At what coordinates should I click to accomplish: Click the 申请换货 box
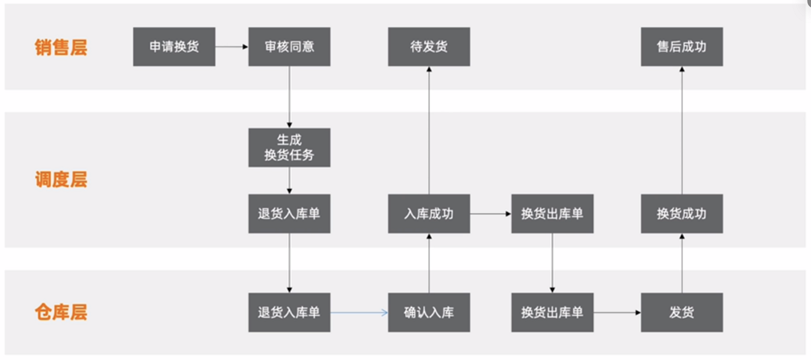tap(174, 47)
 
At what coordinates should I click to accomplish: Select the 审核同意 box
tap(289, 47)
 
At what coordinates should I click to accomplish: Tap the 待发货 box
tap(429, 47)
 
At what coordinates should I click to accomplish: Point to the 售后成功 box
tap(681, 47)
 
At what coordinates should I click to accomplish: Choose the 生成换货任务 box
tap(289, 147)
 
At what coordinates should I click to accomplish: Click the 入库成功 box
tap(429, 214)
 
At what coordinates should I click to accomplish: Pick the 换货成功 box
tap(681, 214)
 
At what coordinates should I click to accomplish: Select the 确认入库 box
tap(429, 313)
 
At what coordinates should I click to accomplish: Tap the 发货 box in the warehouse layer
tap(681, 313)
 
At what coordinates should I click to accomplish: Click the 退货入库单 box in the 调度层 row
tap(289, 214)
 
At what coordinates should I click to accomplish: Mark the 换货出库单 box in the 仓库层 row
tap(552, 313)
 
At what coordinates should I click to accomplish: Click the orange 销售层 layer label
tap(61, 47)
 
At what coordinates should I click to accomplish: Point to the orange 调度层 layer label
tap(61, 180)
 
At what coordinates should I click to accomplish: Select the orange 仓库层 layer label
tap(61, 313)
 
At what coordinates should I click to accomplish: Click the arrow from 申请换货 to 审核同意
tap(231, 47)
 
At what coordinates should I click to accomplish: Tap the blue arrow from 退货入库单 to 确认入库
tap(359, 313)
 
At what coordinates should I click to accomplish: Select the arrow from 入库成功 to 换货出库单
tap(490, 214)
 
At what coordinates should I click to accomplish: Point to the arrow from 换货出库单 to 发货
tap(617, 313)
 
